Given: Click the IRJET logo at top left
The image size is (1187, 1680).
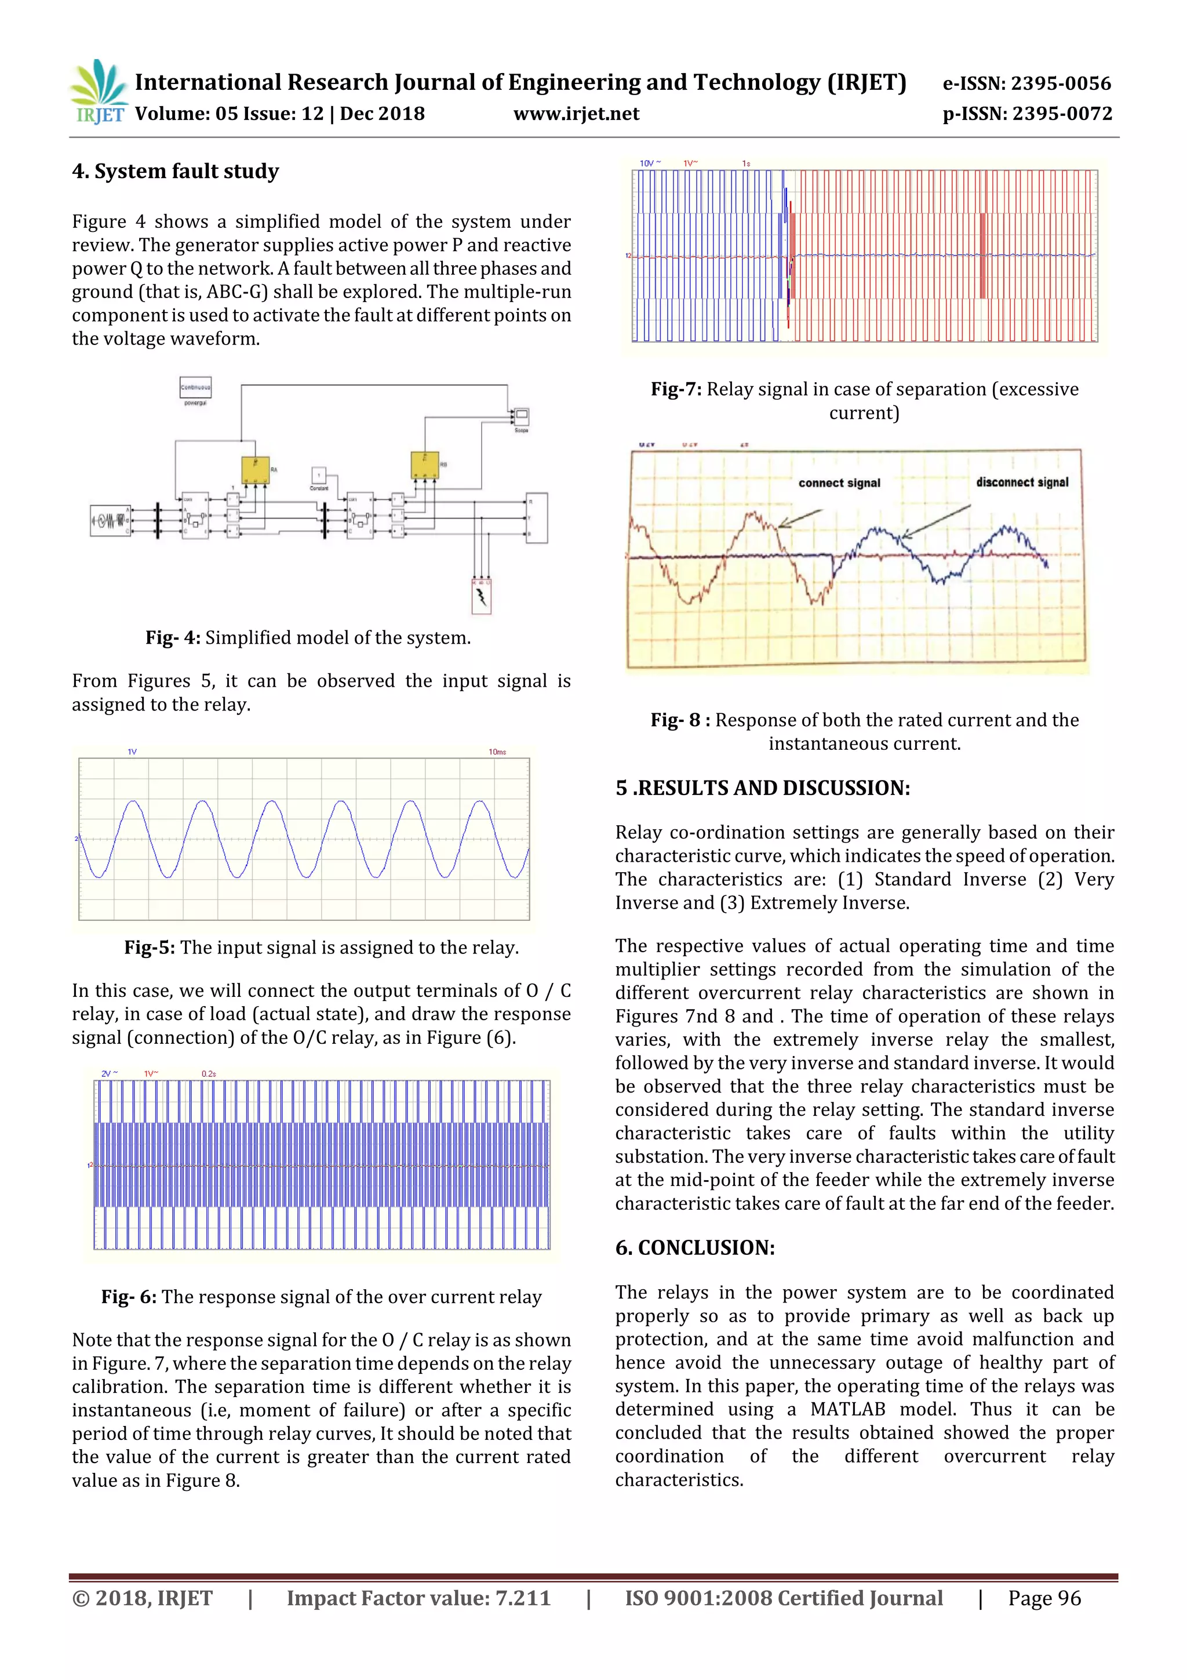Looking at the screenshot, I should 99,92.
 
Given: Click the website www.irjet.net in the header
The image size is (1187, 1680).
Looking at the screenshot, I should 576,114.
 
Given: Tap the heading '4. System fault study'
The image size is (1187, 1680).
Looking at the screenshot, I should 176,171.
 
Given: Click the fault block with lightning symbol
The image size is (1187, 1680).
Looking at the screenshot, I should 481,596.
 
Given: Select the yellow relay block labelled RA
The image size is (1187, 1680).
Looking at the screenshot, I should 255,469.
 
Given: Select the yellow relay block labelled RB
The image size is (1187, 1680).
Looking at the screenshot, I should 424,465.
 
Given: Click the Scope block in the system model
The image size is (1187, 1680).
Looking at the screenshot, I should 522,417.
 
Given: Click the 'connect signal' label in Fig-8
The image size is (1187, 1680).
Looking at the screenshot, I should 839,483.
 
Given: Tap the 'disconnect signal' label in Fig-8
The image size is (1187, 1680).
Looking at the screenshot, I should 1022,482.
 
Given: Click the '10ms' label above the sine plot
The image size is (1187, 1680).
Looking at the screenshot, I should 497,752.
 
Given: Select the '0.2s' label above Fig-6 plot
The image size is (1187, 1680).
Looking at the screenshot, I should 209,1073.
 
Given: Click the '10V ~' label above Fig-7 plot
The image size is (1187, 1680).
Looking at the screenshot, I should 650,163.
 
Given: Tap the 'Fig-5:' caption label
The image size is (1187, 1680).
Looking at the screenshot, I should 149,948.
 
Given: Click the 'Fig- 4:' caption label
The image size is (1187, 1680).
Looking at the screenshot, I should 173,638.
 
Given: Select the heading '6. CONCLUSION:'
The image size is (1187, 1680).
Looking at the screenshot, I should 695,1247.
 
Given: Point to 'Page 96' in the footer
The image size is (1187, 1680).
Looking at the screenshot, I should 1044,1598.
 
